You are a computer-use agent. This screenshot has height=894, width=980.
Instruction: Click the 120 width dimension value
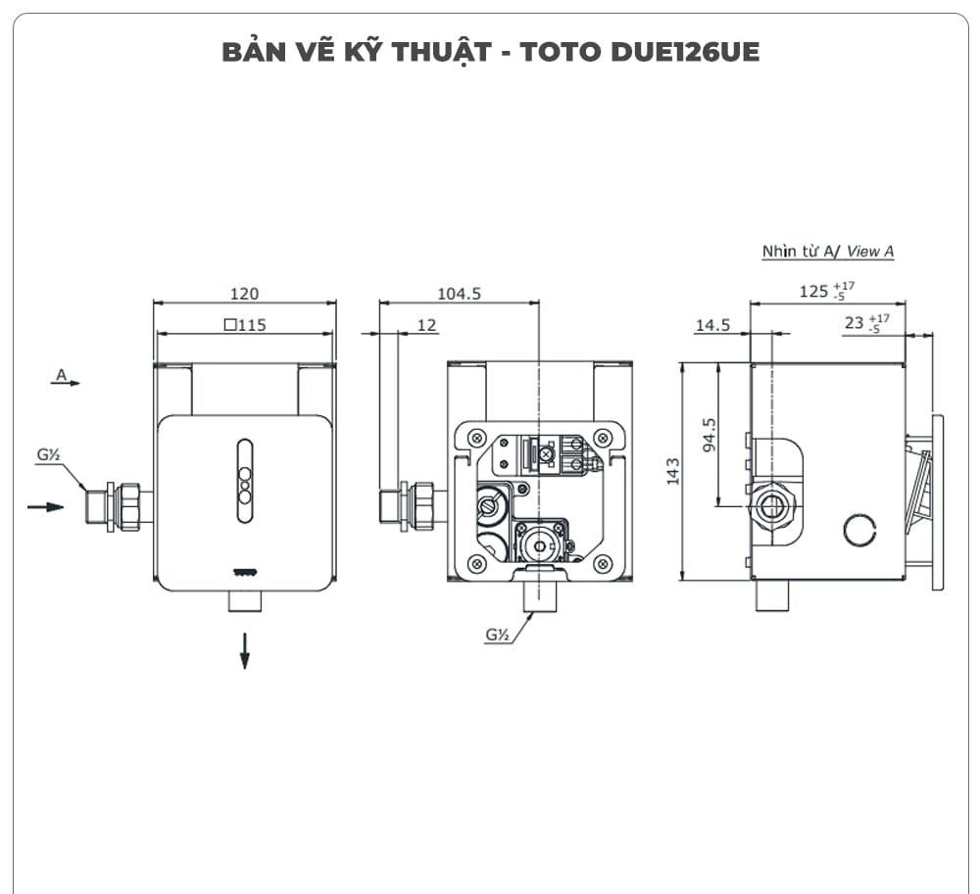(x=244, y=294)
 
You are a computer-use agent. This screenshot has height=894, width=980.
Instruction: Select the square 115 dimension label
(x=245, y=325)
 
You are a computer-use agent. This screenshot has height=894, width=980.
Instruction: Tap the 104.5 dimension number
(x=459, y=294)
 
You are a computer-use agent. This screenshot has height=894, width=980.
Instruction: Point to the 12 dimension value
(x=427, y=325)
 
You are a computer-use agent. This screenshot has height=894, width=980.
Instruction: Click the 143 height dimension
(x=671, y=471)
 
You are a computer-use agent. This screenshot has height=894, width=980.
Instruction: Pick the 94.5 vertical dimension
(x=710, y=434)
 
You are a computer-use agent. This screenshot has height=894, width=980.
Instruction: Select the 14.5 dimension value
(x=712, y=325)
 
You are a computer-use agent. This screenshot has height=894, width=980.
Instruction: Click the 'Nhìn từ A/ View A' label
(x=828, y=252)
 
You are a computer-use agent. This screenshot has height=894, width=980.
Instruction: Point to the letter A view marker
(x=62, y=374)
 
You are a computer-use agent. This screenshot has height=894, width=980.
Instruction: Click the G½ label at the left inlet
(x=50, y=454)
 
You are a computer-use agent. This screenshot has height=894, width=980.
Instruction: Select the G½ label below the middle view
(x=497, y=635)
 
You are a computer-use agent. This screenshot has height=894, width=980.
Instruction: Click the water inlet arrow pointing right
(x=45, y=506)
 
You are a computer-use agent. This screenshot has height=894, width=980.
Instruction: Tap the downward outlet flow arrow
(x=244, y=650)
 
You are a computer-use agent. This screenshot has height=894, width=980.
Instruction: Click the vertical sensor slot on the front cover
(x=244, y=475)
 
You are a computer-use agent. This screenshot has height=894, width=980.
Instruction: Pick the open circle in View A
(x=859, y=530)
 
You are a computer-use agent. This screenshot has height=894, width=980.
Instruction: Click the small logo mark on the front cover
(x=244, y=574)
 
